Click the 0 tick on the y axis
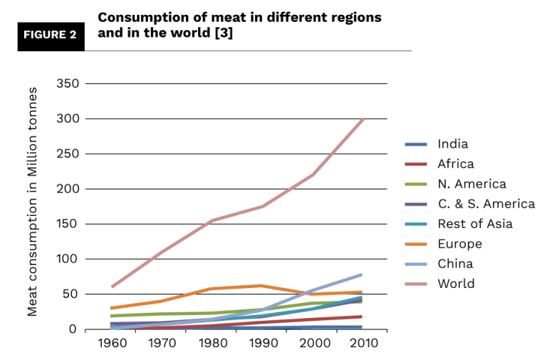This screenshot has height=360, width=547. [x=73, y=329]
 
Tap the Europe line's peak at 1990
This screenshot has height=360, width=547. [x=261, y=286]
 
